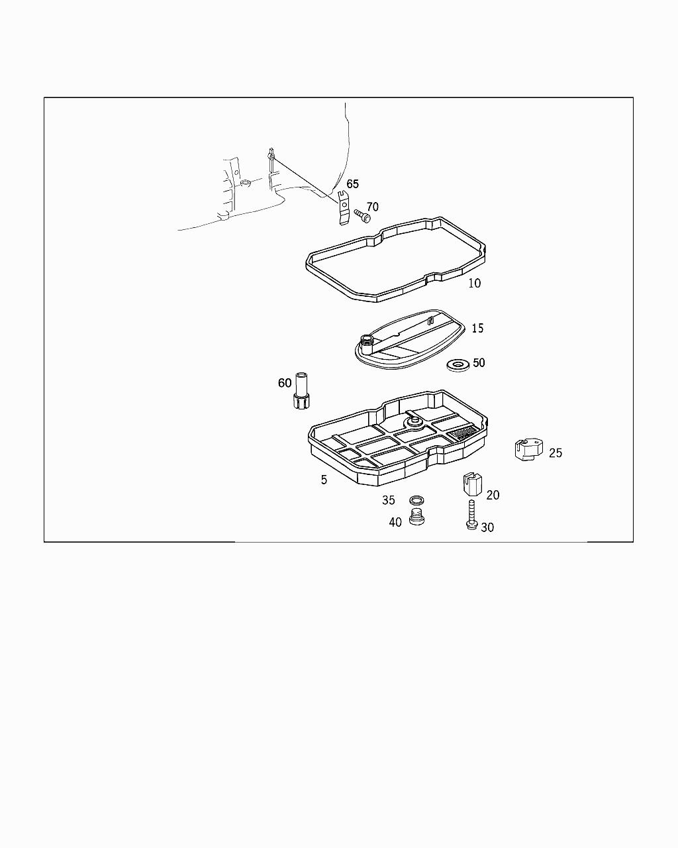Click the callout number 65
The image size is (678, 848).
[352, 184]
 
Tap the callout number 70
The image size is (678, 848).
[373, 207]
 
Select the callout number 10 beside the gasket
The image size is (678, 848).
[474, 284]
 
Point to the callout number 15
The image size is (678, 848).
[477, 329]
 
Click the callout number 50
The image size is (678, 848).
[479, 363]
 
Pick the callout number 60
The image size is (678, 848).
[285, 384]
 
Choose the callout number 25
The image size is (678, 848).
[556, 453]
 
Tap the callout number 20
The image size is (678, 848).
[493, 496]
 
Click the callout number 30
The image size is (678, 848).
[487, 528]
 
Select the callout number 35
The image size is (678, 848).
[388, 501]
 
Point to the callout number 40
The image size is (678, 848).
[395, 523]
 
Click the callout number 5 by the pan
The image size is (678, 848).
[324, 480]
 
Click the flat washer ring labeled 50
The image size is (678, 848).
[457, 364]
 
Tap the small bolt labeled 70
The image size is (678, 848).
[361, 215]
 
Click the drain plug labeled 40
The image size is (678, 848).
[416, 518]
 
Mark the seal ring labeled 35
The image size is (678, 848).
[417, 500]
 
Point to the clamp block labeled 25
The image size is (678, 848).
[528, 450]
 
